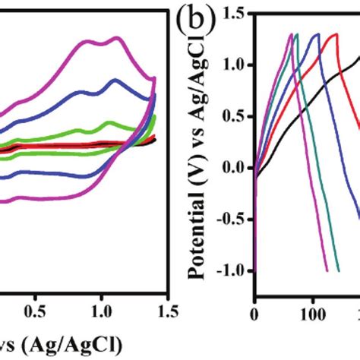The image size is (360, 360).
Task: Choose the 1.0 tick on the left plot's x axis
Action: (x=101, y=311)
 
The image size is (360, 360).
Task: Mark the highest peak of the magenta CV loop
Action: (x=117, y=37)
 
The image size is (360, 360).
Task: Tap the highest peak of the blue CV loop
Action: (x=115, y=80)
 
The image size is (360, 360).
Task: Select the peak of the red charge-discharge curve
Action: (x=334, y=33)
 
